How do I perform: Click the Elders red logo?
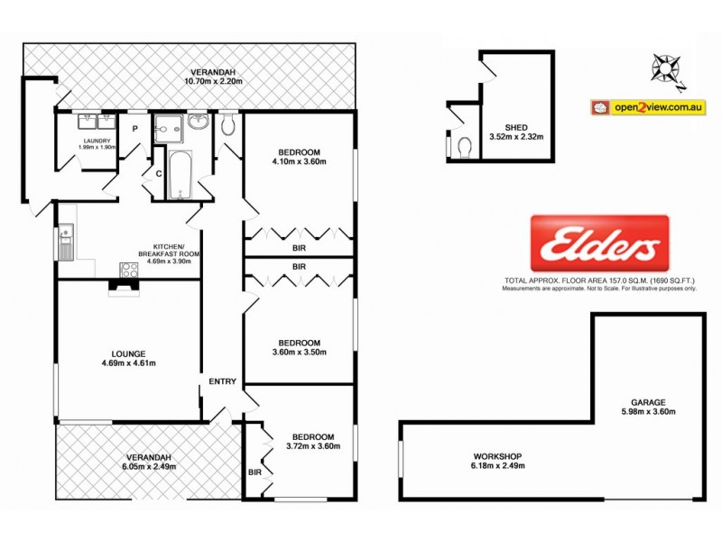599,243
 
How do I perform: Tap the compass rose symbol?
667,68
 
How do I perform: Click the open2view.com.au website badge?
646,107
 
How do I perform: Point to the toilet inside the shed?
465,146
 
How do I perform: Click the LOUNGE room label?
129,353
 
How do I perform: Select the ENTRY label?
222,381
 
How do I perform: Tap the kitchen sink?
65,240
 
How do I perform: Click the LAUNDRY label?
97,141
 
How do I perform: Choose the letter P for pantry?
135,128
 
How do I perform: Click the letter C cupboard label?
158,173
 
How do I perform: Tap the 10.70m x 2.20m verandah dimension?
213,82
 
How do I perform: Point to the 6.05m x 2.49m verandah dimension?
147,467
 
